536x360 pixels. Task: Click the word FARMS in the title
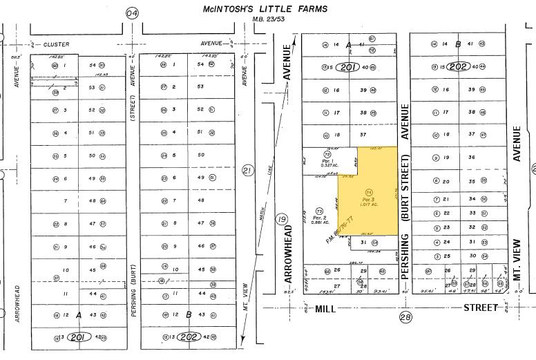pos(310,9)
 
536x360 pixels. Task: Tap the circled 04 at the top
pos(132,13)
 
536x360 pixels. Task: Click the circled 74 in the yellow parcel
pos(369,192)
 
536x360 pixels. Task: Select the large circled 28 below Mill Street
pos(405,317)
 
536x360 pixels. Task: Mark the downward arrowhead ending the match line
pos(243,339)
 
